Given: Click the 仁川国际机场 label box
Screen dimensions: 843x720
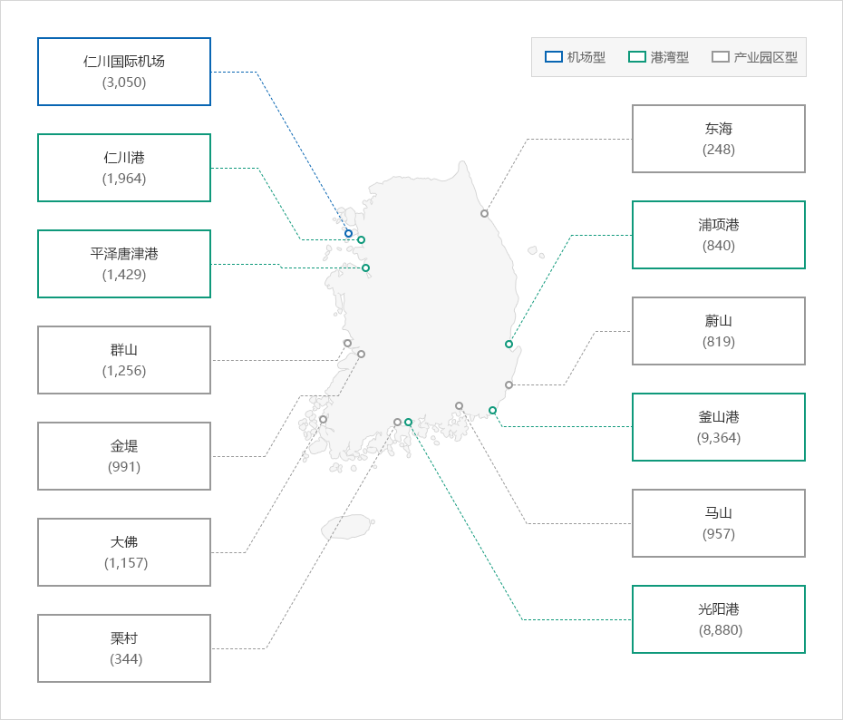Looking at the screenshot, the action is pos(124,72).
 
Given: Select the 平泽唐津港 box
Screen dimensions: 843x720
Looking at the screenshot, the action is pos(124,264).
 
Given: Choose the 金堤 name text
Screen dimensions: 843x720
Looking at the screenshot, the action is pos(124,446).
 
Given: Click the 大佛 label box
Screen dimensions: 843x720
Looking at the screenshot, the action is pos(124,552).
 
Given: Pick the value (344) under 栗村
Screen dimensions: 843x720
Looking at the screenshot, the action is pos(126,659).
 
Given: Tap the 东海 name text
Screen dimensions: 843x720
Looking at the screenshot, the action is pos(719,129).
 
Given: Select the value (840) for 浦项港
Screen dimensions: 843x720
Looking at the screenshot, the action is pos(719,246).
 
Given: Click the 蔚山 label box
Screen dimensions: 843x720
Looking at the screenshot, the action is pos(719,331).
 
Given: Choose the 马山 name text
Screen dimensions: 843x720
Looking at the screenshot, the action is pos(719,513).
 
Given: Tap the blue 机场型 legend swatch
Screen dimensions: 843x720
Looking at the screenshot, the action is pos(554,57).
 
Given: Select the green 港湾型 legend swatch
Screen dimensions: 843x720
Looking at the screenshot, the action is pos(637,57).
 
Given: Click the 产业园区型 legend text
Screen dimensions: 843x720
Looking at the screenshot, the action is pos(766,57).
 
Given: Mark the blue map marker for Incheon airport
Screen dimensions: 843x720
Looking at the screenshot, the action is pos(348,233).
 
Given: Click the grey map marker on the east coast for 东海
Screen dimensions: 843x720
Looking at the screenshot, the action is pos(484,213).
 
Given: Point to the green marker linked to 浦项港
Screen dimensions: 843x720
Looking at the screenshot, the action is pos(509,345).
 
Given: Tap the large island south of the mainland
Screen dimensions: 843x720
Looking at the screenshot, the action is pos(348,527).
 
